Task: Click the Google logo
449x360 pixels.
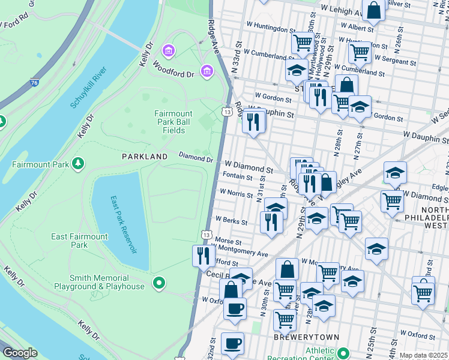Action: tap(20, 353)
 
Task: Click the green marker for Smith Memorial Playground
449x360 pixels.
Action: tap(158, 282)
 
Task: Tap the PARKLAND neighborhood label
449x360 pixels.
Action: tap(145, 156)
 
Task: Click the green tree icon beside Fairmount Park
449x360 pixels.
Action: tap(77, 163)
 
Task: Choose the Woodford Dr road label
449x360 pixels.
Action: tap(173, 68)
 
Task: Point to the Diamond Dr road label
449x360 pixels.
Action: tap(196, 157)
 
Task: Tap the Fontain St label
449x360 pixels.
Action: tap(237, 176)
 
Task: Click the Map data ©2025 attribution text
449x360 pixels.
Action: tap(424, 355)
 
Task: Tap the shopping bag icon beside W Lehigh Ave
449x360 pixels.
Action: tap(373, 10)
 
